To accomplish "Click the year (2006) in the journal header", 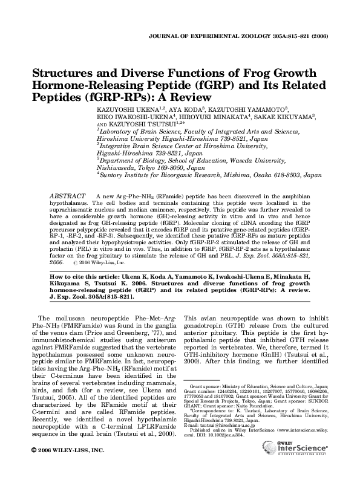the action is coord(319,36).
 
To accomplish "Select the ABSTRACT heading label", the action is coord(66,197).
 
